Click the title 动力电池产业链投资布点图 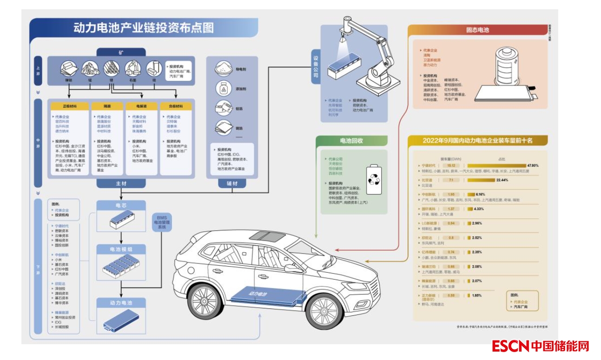pyautogui.click(x=144, y=28)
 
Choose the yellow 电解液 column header pyautogui.click(x=142, y=106)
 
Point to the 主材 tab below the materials pyautogui.click(x=121, y=184)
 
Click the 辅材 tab pyautogui.click(x=231, y=184)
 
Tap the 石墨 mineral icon pyautogui.click(x=133, y=70)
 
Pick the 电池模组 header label pyautogui.click(x=121, y=249)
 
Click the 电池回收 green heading pyautogui.click(x=351, y=140)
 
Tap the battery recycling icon pyautogui.click(x=373, y=179)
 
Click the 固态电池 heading pyautogui.click(x=477, y=30)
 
